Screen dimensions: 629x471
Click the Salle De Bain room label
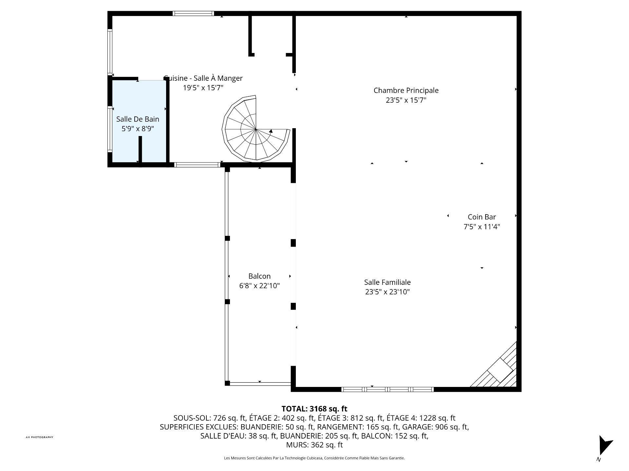[138, 119]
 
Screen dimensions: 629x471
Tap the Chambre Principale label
[406, 90]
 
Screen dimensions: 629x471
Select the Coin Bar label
[482, 217]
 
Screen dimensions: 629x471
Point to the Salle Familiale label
[387, 282]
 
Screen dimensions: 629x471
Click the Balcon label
[259, 276]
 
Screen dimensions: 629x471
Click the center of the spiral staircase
[256, 129]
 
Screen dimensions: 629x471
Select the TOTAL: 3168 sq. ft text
[314, 409]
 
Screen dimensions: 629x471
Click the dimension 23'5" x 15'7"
[406, 100]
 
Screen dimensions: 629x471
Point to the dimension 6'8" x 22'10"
[259, 286]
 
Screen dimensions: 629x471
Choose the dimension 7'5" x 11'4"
[482, 227]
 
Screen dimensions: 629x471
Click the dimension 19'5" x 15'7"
[203, 88]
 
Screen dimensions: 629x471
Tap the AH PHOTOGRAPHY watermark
[39, 437]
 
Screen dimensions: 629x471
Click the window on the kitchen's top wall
[193, 13]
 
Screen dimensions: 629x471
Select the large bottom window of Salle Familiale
[388, 389]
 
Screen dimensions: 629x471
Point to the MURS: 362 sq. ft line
[314, 445]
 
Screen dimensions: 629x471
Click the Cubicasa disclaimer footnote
[314, 458]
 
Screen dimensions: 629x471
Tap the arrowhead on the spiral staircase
[271, 131]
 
